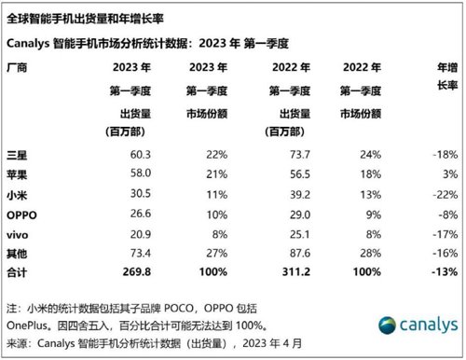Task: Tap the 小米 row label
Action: pyautogui.click(x=18, y=194)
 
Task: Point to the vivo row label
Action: pyautogui.click(x=20, y=232)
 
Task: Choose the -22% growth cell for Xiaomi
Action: pyautogui.click(x=444, y=194)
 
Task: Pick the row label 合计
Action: pyautogui.click(x=18, y=271)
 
